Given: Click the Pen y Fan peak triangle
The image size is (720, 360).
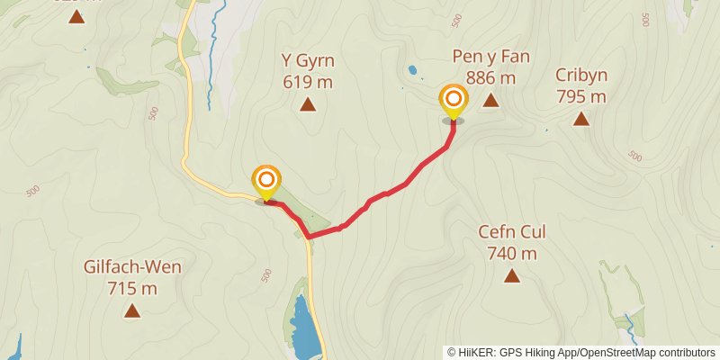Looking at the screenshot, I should point(490,100).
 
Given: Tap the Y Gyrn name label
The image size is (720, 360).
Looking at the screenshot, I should point(308,61).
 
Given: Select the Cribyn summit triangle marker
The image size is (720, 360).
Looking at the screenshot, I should point(580,119).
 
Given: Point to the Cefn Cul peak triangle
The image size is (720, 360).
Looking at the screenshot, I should point(511,275).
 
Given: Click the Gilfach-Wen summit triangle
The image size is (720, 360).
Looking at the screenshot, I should point(132,311).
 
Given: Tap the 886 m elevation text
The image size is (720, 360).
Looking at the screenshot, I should point(490,78).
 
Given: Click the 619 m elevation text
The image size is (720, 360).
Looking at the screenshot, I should point(308,83).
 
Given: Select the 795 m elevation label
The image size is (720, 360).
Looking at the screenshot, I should point(580,96).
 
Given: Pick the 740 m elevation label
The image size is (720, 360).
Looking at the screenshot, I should point(511,253).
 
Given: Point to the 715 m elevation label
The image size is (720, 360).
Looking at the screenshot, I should point(132,289).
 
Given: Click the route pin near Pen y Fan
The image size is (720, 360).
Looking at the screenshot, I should point(454,101).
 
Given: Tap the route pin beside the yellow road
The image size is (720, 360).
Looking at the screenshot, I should point(266,182).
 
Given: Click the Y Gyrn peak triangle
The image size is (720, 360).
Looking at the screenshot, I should point(308,104).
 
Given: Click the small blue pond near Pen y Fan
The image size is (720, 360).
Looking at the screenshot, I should point(412,69).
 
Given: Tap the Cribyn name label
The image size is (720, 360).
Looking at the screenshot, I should point(580,75).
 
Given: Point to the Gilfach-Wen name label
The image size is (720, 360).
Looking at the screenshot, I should point(132,267).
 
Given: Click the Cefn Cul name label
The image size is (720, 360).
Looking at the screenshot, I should point(511,231).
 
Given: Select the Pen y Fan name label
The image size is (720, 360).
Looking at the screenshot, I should point(490,57).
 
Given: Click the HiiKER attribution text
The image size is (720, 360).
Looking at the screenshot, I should point(580,352).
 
